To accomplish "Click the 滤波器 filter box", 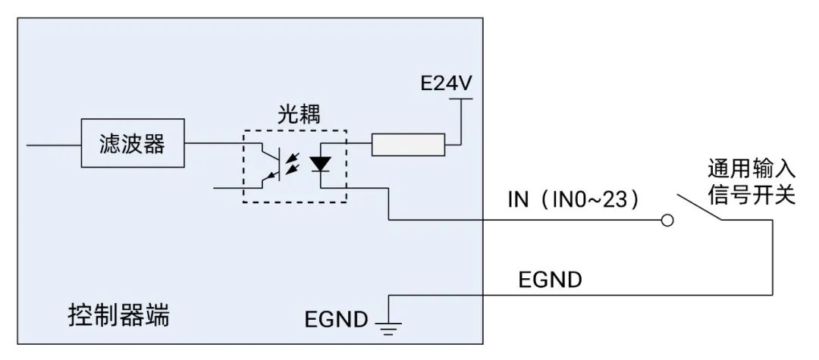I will pyautogui.click(x=133, y=144).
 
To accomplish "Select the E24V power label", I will pyautogui.click(x=446, y=83).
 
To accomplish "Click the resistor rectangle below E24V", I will pyautogui.click(x=407, y=144).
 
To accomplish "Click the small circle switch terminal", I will pyautogui.click(x=667, y=221).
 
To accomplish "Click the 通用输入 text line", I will pyautogui.click(x=751, y=167).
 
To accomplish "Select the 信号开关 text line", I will pyautogui.click(x=751, y=195).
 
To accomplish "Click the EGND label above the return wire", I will pyautogui.click(x=550, y=279).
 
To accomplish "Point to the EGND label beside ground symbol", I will pyautogui.click(x=336, y=318).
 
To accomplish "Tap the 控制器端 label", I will pyautogui.click(x=118, y=315).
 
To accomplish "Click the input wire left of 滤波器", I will pyautogui.click(x=53, y=144).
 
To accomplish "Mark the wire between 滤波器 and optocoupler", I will pyautogui.click(x=212, y=144).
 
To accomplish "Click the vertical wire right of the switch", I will pyautogui.click(x=773, y=258).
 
